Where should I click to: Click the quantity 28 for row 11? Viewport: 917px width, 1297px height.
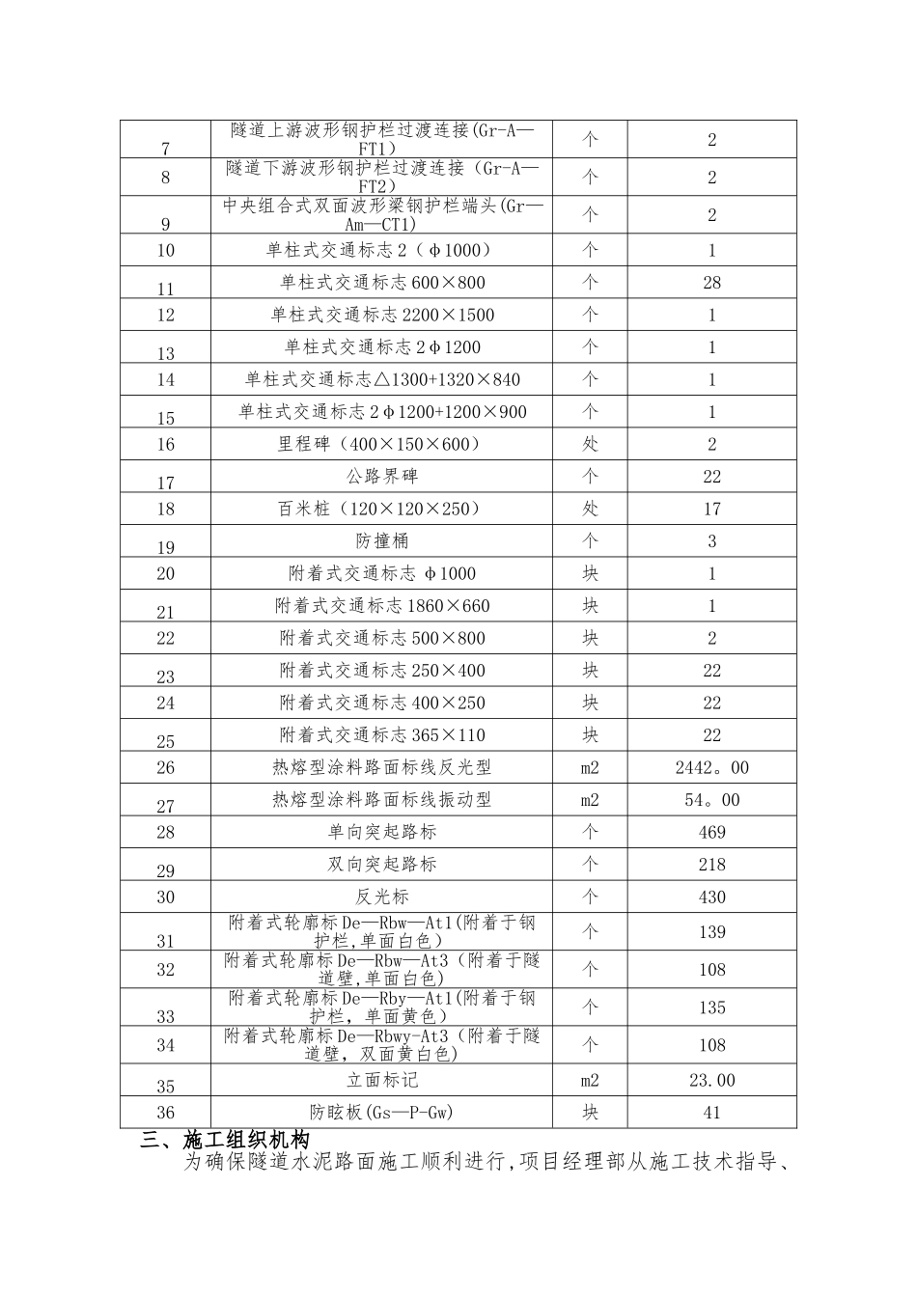pos(711,283)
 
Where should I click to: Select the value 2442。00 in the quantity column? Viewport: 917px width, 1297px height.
pos(711,768)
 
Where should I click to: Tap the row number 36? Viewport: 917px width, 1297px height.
pos(165,1113)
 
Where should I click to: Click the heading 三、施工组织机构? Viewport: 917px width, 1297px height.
pos(224,1141)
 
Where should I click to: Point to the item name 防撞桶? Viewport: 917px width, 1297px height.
pos(382,541)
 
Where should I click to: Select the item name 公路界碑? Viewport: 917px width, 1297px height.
pos(382,477)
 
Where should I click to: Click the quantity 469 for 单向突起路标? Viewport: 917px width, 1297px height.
pos(711,833)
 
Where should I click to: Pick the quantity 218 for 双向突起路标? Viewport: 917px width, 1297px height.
pos(711,865)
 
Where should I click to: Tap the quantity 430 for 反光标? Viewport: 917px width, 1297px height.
pos(711,897)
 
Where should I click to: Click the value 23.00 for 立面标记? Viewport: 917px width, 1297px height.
pos(711,1081)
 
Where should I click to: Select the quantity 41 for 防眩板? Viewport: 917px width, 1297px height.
pos(711,1113)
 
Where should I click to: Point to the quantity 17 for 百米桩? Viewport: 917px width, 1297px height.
pos(711,509)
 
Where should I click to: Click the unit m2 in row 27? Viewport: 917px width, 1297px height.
pos(590,800)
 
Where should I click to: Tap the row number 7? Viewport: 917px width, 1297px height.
pos(165,149)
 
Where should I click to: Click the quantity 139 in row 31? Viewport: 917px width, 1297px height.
pos(711,932)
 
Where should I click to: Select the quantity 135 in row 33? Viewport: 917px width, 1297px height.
pos(711,1007)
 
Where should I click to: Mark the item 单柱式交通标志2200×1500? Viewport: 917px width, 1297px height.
pos(382,315)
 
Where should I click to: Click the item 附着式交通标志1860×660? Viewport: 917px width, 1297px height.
pos(382,606)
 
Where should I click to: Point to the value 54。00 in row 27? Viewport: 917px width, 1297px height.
pos(711,800)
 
